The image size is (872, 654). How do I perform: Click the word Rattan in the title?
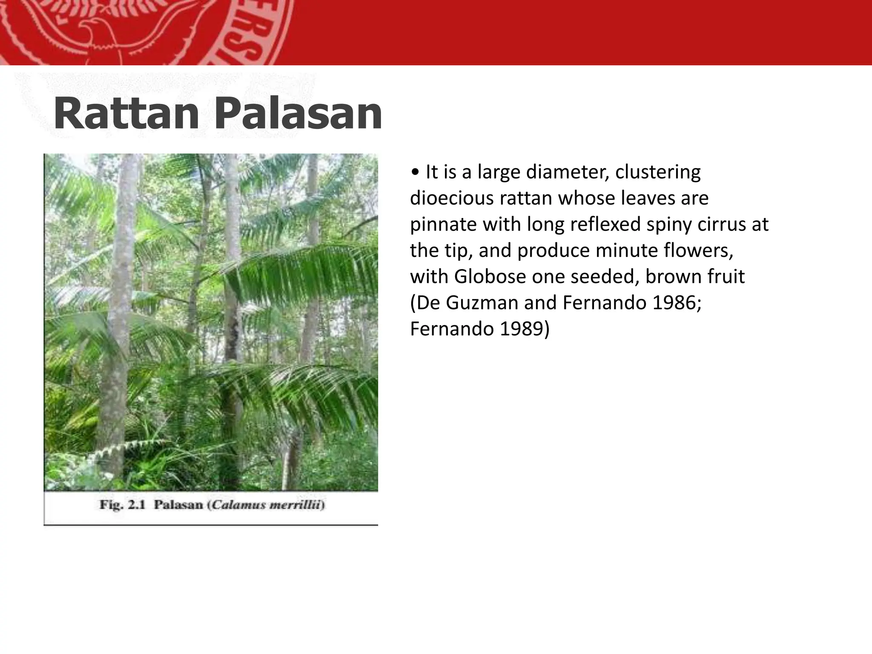coord(126,114)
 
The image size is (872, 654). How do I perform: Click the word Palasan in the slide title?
coord(297,114)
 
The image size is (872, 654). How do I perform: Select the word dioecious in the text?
coord(451,198)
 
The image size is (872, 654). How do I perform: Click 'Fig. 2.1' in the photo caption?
coord(123,505)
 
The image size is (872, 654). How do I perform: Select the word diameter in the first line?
coord(565,172)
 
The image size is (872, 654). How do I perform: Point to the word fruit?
coord(726,277)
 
